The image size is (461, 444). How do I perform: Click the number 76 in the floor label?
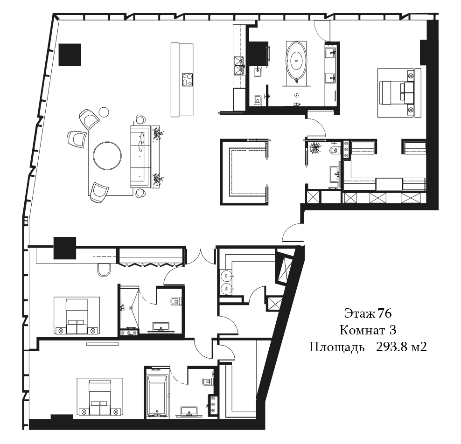(384, 313)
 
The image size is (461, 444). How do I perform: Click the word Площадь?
(336, 347)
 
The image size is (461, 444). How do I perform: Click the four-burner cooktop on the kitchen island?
(187, 79)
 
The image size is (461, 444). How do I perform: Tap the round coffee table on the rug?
(107, 155)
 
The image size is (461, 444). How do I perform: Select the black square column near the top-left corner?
(70, 55)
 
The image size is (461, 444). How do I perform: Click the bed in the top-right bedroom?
(396, 92)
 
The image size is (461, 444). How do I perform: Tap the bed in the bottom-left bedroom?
(100, 397)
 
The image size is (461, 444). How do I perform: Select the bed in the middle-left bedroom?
(77, 316)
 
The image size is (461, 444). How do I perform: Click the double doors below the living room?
(200, 258)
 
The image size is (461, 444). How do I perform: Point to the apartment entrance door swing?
(292, 232)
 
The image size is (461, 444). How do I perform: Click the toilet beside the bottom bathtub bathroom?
(208, 382)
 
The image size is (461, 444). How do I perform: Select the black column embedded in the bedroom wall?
(65, 248)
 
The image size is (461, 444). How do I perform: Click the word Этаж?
(360, 313)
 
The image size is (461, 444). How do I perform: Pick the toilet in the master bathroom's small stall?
(257, 100)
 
